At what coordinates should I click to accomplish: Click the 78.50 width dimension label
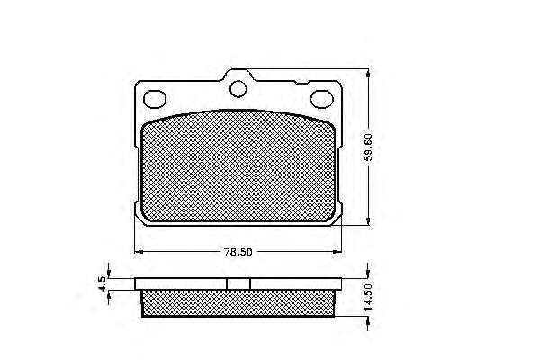(238, 252)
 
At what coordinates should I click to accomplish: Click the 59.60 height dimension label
(368, 148)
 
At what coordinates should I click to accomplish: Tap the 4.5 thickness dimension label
(103, 283)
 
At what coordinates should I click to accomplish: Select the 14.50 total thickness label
(368, 297)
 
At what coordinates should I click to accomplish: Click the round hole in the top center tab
(238, 89)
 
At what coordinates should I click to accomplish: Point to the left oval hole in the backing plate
(155, 99)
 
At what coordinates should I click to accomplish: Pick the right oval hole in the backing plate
(321, 99)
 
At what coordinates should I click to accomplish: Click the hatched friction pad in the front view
(238, 166)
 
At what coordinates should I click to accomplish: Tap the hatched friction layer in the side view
(238, 302)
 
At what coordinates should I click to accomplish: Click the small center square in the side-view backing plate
(238, 283)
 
